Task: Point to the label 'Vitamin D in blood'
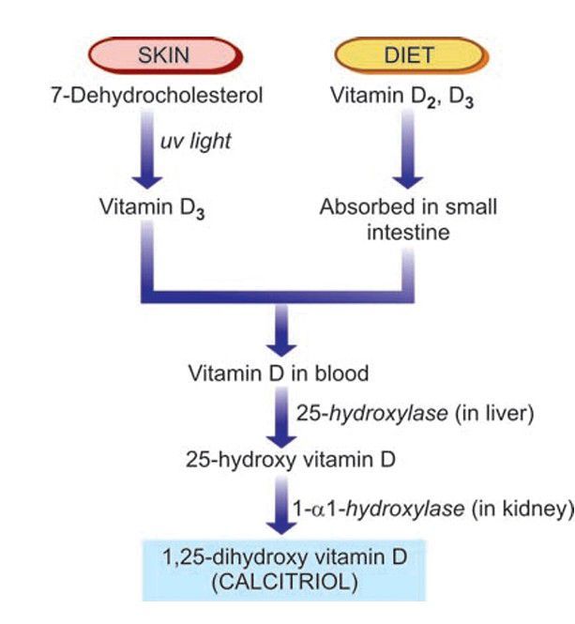(x=279, y=373)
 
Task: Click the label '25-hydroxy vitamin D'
(x=279, y=461)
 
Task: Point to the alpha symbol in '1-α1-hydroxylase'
(x=328, y=510)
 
